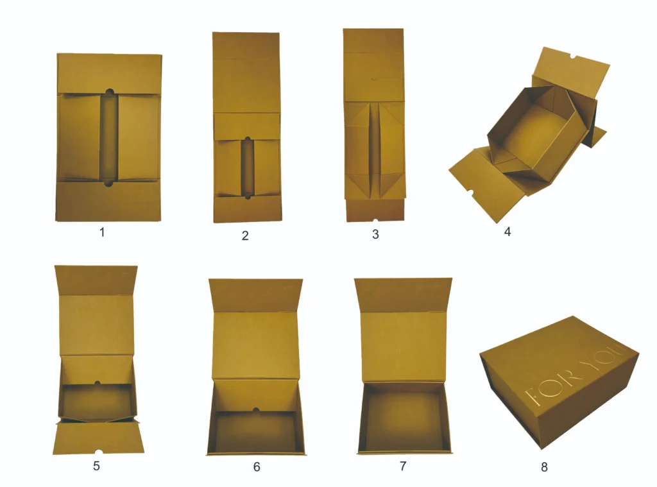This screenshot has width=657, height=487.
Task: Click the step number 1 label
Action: pos(101,232)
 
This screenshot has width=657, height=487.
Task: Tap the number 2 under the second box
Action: pos(245,235)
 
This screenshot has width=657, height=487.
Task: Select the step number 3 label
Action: pos(375,234)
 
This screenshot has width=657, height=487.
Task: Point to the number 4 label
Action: pos(508,232)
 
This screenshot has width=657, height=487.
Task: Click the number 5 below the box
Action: pos(96,466)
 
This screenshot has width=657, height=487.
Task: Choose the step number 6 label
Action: pos(257,466)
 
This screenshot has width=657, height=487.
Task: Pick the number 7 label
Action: pos(403,466)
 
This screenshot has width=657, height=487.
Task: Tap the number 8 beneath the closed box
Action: pos(544,467)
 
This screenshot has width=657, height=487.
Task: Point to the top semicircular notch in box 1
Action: pos(109,92)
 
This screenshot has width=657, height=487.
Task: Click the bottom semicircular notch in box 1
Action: pos(109,184)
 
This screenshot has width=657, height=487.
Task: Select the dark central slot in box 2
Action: pos(247,167)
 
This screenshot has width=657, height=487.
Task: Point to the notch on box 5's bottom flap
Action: pos(98,452)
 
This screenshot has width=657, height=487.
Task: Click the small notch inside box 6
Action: pos(255,409)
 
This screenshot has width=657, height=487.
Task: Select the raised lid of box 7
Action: pos(403,334)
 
